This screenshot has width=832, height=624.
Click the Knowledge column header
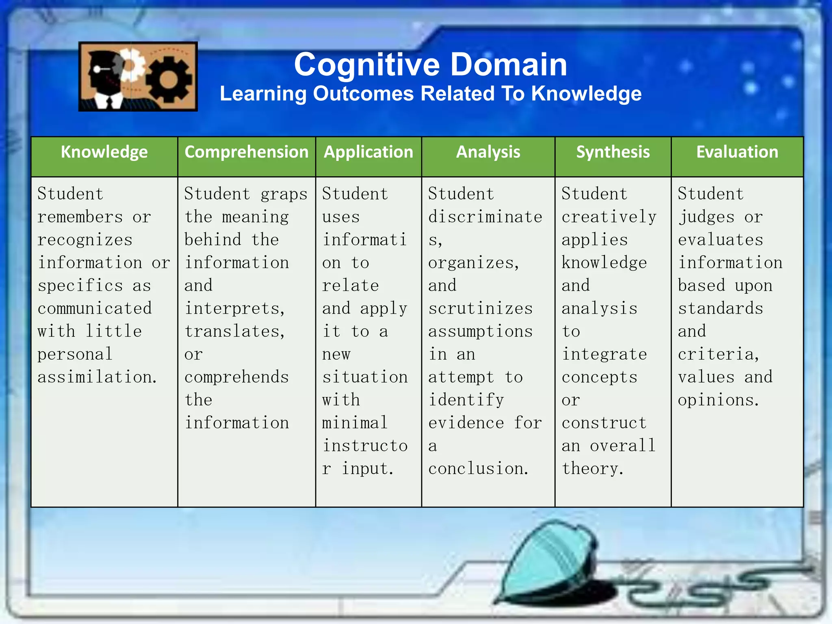[104, 152]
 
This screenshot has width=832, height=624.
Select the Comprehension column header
[246, 152]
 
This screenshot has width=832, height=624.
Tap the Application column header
[368, 152]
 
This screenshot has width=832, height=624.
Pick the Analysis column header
[488, 152]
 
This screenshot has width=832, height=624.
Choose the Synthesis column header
[613, 152]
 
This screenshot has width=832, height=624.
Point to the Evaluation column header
[737, 152]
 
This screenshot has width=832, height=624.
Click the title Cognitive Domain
[430, 65]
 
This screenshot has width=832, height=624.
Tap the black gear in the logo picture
[169, 79]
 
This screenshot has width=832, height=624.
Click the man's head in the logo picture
[102, 69]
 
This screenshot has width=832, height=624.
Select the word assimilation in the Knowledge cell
[97, 377]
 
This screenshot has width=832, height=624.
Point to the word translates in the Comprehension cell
[234, 331]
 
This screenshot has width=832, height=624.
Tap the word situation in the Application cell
[365, 377]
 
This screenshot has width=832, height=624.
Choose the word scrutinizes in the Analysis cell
[480, 309]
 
